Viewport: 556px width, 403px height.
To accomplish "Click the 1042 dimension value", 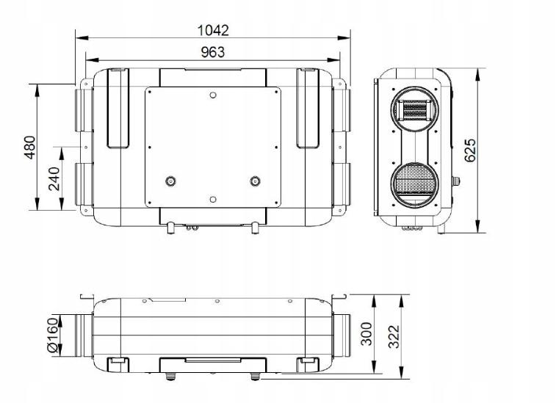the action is (x=213, y=31).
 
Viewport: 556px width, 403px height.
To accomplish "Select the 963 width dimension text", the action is (x=213, y=52).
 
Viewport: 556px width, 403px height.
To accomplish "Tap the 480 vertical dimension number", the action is (x=30, y=147).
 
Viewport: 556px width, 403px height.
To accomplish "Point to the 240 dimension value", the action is (x=54, y=178).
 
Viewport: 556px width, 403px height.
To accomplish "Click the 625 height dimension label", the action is (x=470, y=150).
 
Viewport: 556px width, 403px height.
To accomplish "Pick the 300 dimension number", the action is (x=367, y=333).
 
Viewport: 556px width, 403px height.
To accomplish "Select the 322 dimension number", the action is (x=394, y=336).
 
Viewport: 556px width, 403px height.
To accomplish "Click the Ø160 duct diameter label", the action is (x=52, y=335).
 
